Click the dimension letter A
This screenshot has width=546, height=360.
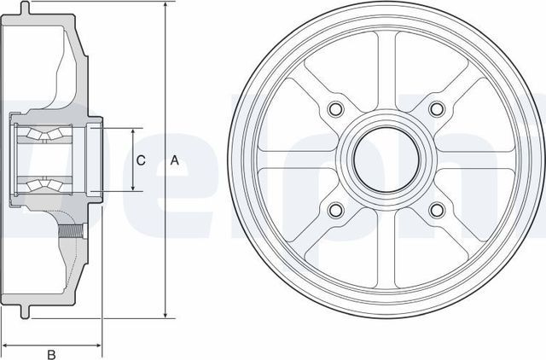click(x=175, y=160)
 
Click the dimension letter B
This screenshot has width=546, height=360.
click(x=50, y=353)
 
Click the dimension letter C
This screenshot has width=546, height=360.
click(x=142, y=160)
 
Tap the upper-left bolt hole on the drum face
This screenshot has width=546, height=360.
click(x=334, y=108)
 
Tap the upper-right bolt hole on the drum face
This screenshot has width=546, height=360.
click(x=438, y=108)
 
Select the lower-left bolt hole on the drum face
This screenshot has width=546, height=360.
click(x=334, y=210)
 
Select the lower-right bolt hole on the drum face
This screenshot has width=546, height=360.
click(x=438, y=210)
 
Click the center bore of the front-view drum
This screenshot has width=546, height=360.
click(x=386, y=159)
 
